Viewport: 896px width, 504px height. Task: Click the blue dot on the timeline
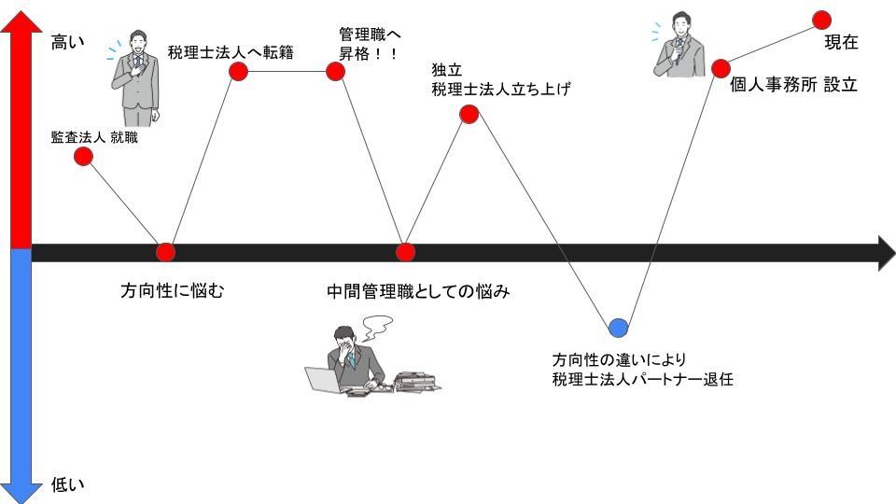[618, 327]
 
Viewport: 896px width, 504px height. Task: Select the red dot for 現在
[821, 19]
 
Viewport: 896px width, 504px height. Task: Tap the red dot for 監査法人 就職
[83, 156]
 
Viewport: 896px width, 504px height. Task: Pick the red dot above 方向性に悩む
[165, 251]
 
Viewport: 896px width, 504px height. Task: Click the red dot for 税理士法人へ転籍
[238, 71]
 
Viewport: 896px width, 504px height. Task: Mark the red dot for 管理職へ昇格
[336, 71]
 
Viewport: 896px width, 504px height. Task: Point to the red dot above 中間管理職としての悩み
[405, 251]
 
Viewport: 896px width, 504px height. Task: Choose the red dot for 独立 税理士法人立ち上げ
[469, 114]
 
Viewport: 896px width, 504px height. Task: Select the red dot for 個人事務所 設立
[721, 68]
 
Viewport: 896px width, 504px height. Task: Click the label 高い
[67, 41]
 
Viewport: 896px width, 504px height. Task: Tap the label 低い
[67, 483]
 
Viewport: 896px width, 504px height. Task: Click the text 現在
[840, 42]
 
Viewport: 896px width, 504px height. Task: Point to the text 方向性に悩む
[174, 290]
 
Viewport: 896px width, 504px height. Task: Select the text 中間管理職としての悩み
[418, 291]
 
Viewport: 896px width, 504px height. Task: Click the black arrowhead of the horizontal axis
[885, 252]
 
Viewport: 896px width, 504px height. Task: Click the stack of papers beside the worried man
[415, 381]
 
